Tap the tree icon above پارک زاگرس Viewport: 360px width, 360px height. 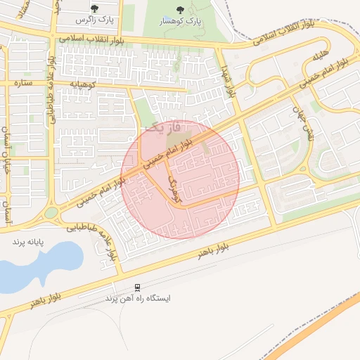[x=94, y=8]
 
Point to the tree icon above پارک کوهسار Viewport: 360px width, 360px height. [x=181, y=10]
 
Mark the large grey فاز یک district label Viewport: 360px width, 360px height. [x=163, y=127]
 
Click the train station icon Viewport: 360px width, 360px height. [x=138, y=287]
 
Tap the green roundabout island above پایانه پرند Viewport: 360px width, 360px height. [x=51, y=212]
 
